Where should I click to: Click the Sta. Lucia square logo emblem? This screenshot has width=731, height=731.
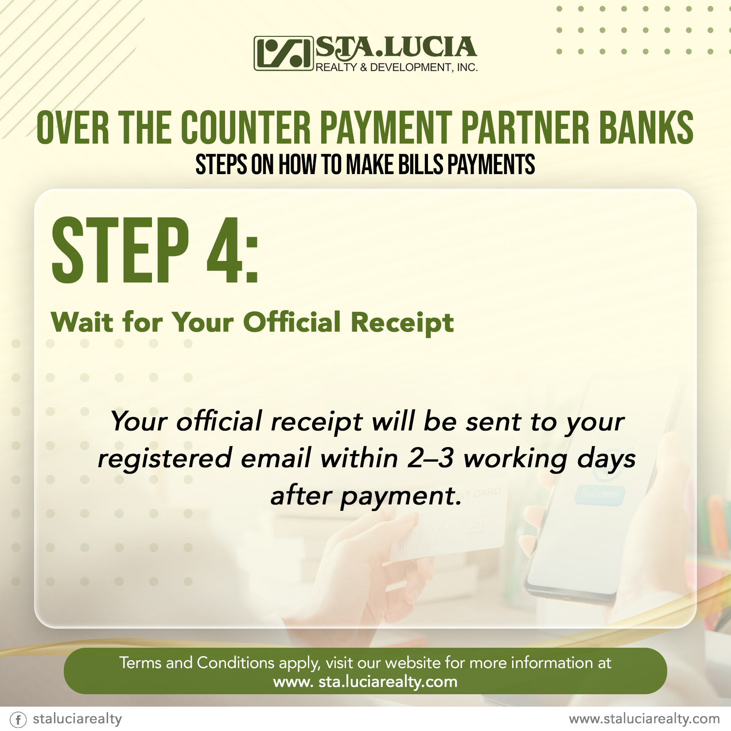(283, 54)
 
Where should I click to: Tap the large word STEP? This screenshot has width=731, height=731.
(120, 250)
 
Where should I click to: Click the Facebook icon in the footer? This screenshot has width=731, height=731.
(19, 719)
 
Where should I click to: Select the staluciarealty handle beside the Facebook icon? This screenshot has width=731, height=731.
(78, 719)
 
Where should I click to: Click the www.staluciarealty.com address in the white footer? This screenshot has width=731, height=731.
(645, 719)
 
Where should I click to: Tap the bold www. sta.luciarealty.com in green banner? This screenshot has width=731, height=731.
(365, 681)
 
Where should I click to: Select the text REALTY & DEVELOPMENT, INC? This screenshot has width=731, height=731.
(397, 67)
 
